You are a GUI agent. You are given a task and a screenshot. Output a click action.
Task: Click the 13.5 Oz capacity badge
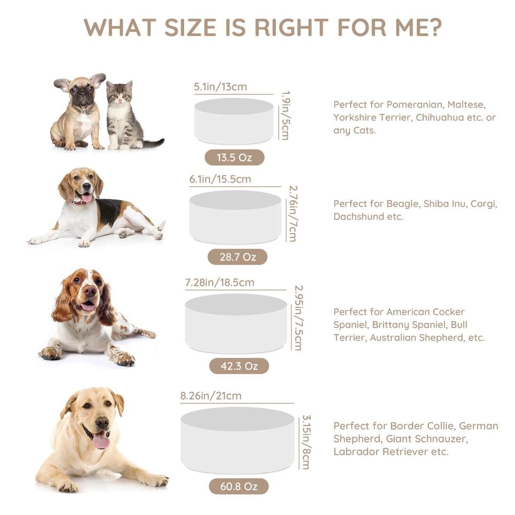234,157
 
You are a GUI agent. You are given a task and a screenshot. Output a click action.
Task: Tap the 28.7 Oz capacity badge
237,257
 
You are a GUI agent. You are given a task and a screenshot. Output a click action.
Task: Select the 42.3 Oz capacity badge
239,366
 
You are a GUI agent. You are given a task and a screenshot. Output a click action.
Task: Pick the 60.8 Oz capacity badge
239,486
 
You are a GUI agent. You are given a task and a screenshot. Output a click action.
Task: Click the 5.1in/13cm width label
220,87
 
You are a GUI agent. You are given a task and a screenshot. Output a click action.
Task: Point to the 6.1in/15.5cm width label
220,179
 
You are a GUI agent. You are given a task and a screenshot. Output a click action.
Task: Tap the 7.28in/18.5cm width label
220,282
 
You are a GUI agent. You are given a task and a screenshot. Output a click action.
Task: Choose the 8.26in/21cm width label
211,396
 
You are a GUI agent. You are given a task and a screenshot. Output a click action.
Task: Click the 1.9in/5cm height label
285,115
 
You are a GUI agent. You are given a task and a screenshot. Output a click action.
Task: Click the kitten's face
119,95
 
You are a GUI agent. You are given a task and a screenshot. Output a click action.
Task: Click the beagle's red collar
81,202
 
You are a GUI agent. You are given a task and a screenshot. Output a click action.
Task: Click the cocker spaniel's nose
90,291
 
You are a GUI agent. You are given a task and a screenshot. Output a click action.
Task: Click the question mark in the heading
434,27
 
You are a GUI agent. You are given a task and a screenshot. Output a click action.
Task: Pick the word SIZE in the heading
190,27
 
